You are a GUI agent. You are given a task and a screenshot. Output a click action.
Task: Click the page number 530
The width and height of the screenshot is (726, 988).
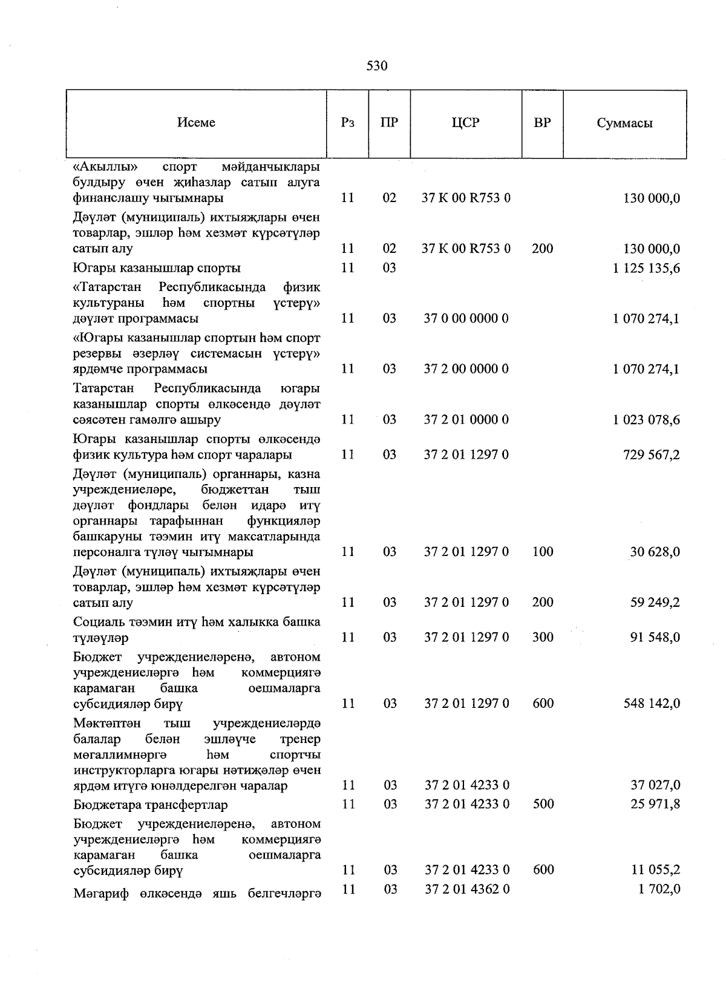pyautogui.click(x=376, y=66)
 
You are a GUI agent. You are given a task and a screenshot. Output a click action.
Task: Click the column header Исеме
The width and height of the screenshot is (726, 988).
pyautogui.click(x=196, y=123)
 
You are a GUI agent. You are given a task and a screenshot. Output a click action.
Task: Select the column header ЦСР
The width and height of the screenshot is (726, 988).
pyautogui.click(x=465, y=123)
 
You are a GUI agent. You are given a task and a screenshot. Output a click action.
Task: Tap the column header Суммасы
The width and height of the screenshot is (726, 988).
pyautogui.click(x=624, y=123)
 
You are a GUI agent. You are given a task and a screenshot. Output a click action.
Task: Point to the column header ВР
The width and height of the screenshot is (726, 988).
pyautogui.click(x=542, y=123)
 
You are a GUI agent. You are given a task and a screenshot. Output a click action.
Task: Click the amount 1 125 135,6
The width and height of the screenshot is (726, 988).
pyautogui.click(x=646, y=268)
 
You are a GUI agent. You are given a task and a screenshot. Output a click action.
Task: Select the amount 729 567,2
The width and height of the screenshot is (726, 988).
pyautogui.click(x=651, y=455)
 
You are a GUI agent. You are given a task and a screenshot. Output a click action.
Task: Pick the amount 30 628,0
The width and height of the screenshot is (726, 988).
pyautogui.click(x=655, y=552)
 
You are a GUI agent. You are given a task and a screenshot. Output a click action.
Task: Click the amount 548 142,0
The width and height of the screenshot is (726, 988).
pyautogui.click(x=651, y=703)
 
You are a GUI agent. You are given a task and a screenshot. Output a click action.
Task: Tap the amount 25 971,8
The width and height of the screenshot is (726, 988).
pyautogui.click(x=655, y=804)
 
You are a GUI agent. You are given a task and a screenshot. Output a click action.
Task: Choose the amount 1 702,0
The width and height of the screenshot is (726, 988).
pyautogui.click(x=658, y=889)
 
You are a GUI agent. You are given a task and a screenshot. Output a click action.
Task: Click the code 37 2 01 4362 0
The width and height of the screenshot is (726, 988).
pyautogui.click(x=466, y=889)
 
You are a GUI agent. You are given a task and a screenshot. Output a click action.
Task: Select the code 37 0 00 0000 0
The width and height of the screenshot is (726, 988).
pyautogui.click(x=466, y=318)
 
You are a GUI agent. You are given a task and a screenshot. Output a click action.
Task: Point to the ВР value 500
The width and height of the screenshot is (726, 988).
pyautogui.click(x=543, y=804)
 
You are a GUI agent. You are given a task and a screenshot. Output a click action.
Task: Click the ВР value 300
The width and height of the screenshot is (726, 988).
pyautogui.click(x=543, y=637)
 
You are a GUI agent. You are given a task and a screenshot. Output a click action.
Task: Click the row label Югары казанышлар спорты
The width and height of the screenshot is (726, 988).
pyautogui.click(x=156, y=268)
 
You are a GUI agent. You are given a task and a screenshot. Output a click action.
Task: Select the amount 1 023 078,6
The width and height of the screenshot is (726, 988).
pyautogui.click(x=646, y=420)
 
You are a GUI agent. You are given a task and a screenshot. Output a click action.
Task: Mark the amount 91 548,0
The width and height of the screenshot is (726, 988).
pyautogui.click(x=655, y=637)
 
